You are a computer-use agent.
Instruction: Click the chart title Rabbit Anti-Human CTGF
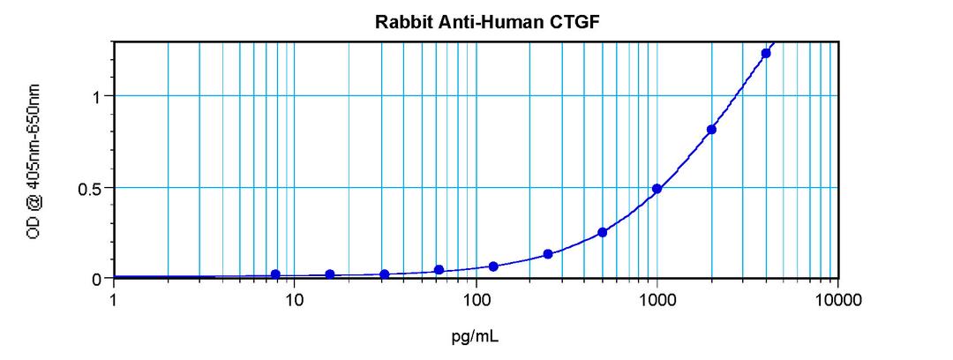476,23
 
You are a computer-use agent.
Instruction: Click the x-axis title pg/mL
476,336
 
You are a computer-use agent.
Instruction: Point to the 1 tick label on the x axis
114,300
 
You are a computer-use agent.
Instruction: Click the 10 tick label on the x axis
295,300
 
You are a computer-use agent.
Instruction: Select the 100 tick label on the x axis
476,300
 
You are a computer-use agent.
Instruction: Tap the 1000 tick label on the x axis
657,300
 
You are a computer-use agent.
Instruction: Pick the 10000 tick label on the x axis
837,300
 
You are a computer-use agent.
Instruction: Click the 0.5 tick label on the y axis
91,188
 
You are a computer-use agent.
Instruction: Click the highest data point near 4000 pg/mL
766,53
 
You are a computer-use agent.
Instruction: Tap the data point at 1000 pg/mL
657,189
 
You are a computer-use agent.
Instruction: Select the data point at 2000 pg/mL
711,130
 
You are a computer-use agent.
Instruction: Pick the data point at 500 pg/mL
602,232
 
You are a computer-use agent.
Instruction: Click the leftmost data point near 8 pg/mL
276,274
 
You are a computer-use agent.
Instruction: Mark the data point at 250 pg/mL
548,254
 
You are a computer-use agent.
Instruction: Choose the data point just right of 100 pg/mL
493,266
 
